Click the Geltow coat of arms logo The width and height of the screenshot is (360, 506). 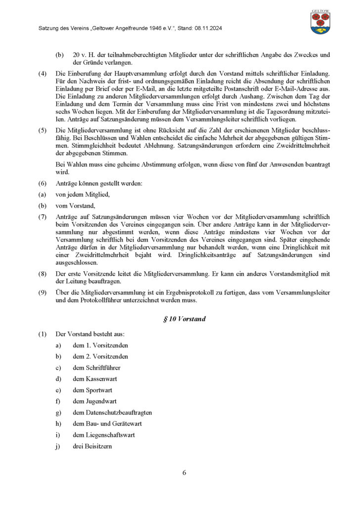click(320, 22)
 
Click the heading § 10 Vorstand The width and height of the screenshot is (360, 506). click(184, 319)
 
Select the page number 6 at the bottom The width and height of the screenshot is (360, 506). click(184, 472)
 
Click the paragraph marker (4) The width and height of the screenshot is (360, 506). click(43, 74)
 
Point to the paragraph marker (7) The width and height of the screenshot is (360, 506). click(43, 216)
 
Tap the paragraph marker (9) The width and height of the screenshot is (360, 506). click(43, 292)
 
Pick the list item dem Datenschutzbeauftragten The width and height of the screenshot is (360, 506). click(112, 413)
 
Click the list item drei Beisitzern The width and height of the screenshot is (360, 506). click(92, 446)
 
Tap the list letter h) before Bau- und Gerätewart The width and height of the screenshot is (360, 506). click(58, 424)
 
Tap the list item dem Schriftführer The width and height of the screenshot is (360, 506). click(96, 368)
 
